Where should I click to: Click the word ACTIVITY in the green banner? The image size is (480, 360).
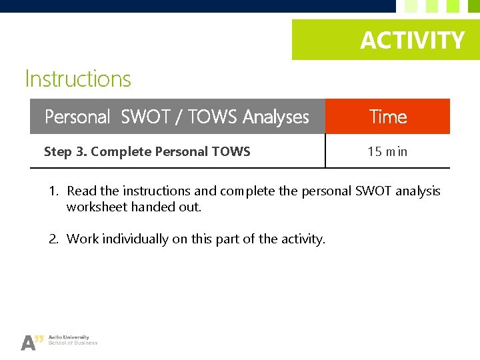pyautogui.click(x=412, y=41)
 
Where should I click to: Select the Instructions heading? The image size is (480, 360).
pyautogui.click(x=78, y=79)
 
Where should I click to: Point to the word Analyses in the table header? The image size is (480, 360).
pyautogui.click(x=276, y=117)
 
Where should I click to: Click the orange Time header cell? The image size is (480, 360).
pyautogui.click(x=388, y=117)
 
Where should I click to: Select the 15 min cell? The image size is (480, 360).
pyautogui.click(x=387, y=152)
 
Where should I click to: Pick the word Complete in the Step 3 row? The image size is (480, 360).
pyautogui.click(x=121, y=152)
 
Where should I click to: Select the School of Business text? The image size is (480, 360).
pyautogui.click(x=77, y=343)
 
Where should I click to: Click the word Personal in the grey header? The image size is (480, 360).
pyautogui.click(x=77, y=117)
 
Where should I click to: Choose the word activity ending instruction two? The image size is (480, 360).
pyautogui.click(x=302, y=239)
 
